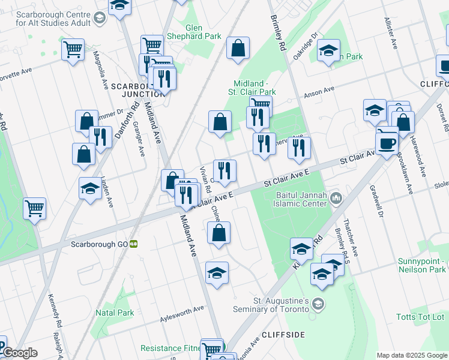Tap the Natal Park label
(x=115, y=313)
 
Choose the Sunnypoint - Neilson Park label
(x=422, y=266)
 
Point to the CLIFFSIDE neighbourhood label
(x=283, y=334)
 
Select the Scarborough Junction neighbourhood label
(x=139, y=89)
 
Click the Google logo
(x=19, y=353)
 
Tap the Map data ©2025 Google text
(x=412, y=355)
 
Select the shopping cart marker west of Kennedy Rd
(x=35, y=209)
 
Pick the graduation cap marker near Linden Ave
(x=90, y=188)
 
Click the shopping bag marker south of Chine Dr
(x=218, y=233)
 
